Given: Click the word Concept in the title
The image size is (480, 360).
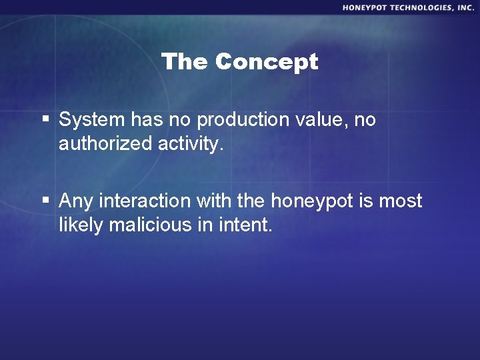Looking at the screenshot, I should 267,62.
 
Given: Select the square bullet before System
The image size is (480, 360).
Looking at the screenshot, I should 45,120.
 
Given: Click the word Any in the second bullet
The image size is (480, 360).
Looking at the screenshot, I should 76,201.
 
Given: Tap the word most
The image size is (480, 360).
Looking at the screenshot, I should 401,201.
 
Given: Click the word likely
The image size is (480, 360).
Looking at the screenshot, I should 81,225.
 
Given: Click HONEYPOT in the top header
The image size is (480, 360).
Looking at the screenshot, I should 367,7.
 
